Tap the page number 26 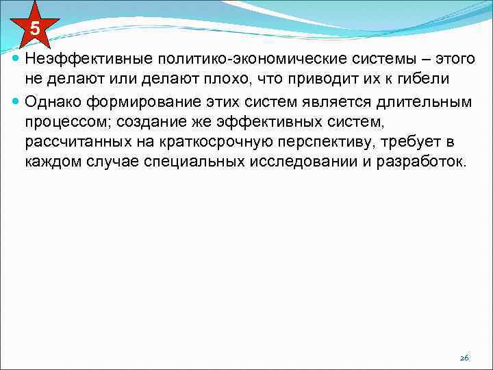click(x=464, y=358)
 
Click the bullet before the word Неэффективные click(x=16, y=58)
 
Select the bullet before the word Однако click(x=16, y=102)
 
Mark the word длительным click(x=429, y=102)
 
